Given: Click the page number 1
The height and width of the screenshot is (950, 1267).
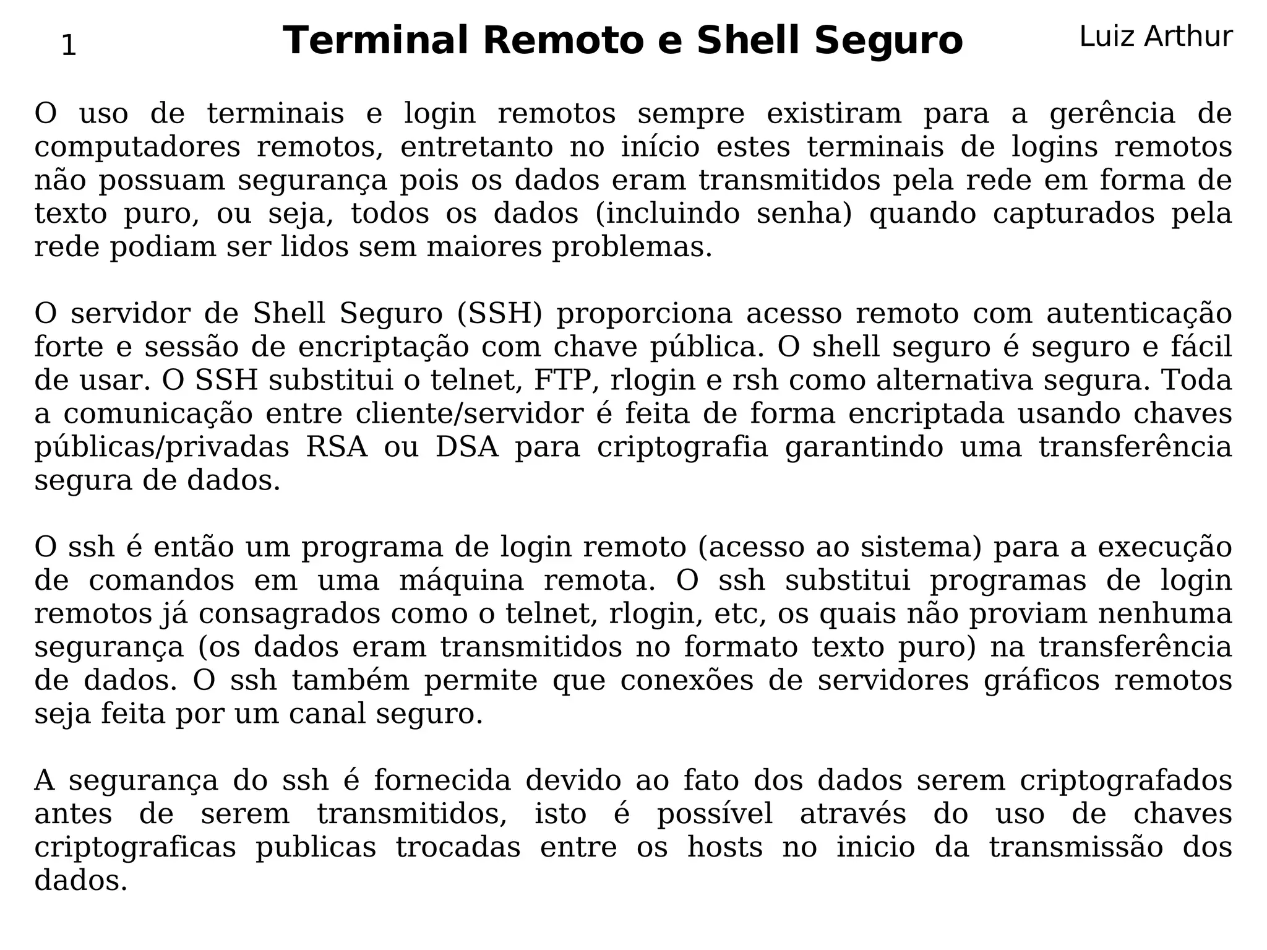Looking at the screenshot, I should pos(69,46).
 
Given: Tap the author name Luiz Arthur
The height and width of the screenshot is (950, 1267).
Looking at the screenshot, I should pos(1156,37).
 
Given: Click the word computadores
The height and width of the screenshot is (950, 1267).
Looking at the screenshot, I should pos(137,147).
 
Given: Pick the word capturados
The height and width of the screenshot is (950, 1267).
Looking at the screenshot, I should pos(1073,214).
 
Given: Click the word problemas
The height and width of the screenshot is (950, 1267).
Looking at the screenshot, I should pos(632,248).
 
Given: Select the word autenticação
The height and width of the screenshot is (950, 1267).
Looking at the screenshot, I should pos(1139,314).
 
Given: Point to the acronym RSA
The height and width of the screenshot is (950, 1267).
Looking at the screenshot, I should pos(337,447).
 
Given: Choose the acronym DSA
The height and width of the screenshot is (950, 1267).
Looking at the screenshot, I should pos(467,447).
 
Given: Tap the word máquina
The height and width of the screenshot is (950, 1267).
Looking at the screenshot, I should pos(461,581).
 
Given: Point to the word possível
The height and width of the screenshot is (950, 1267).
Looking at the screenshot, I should pos(715,814).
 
